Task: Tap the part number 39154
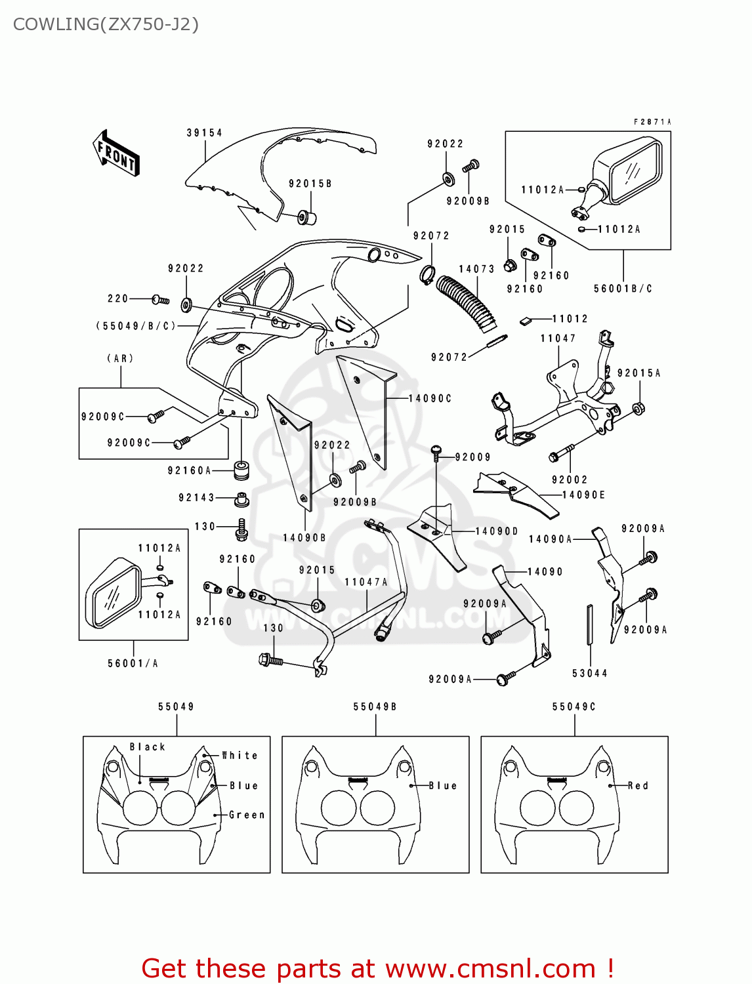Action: (x=204, y=133)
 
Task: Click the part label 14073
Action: (x=476, y=269)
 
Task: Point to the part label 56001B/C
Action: (x=623, y=289)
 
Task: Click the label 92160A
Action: (x=190, y=470)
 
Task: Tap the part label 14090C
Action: (x=430, y=398)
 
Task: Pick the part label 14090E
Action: (x=583, y=495)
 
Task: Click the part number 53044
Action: (x=589, y=673)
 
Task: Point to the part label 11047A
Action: (x=366, y=582)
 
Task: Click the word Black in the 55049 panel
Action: (x=147, y=747)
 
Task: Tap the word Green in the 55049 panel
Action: (x=247, y=815)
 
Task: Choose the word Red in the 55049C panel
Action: (x=638, y=785)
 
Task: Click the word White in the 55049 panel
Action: (x=240, y=756)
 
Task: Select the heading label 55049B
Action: (x=375, y=707)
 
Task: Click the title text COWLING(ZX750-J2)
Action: (x=106, y=24)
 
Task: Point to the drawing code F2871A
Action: (x=652, y=122)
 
